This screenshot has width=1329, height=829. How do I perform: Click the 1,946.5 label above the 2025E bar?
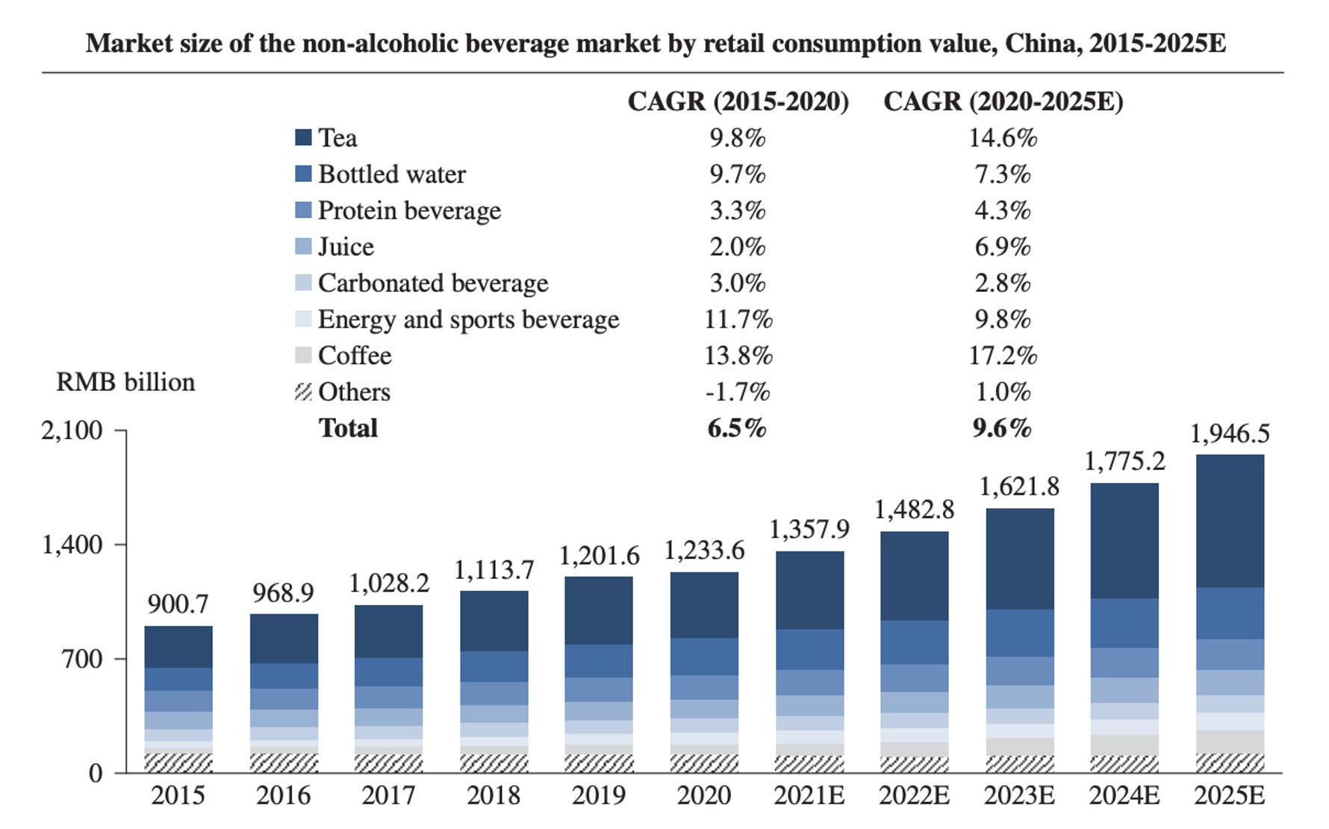tap(1229, 434)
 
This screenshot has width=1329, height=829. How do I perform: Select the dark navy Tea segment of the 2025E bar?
tap(1229, 521)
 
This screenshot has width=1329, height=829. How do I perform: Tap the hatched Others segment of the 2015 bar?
tap(178, 763)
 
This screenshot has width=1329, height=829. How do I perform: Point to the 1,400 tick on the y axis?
tap(72, 545)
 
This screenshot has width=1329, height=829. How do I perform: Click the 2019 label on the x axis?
tap(598, 795)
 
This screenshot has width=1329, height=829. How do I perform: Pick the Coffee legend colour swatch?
tap(303, 355)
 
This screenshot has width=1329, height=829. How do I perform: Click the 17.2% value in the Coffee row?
tap(1003, 355)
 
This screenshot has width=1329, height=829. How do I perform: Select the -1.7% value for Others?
tap(738, 392)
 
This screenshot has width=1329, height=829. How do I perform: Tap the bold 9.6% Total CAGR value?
tap(1002, 428)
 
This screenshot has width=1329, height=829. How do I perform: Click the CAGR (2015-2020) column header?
tap(738, 101)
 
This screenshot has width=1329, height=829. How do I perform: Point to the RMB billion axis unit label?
tap(125, 382)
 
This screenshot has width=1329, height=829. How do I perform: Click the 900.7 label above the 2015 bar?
tap(178, 604)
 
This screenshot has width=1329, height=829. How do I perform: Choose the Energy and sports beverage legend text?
tap(468, 319)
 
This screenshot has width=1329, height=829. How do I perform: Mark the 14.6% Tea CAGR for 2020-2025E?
tap(1003, 138)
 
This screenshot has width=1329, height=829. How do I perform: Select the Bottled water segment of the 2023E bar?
tap(1019, 633)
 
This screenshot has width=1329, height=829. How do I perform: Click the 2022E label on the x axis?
tap(914, 795)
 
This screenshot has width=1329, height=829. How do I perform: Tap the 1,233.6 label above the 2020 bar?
tap(704, 551)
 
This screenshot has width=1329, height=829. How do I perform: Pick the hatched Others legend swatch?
tap(303, 392)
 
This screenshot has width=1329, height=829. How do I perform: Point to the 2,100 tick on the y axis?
tap(72, 431)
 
